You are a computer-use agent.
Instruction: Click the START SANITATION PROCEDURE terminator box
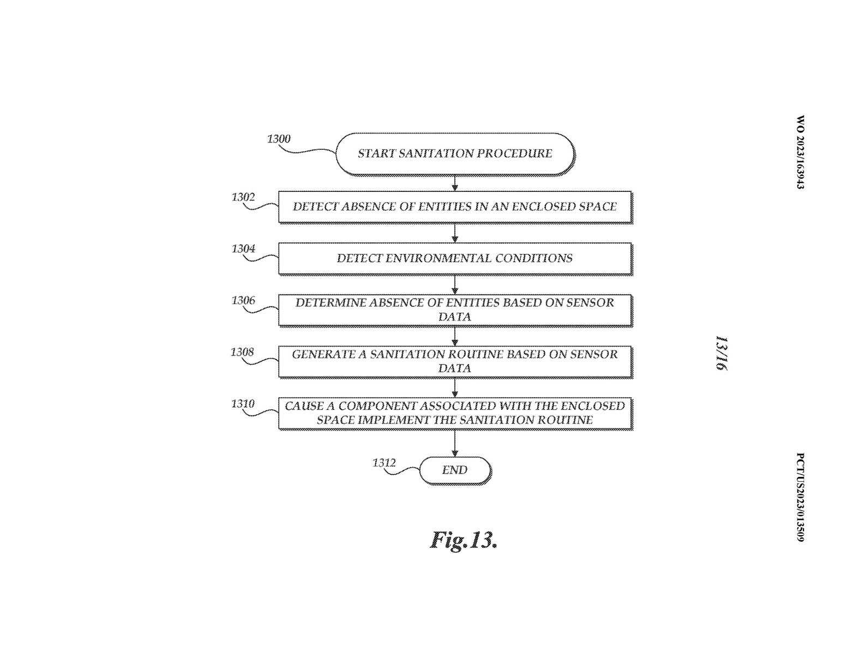pyautogui.click(x=455, y=154)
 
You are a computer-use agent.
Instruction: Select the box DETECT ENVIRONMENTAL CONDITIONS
pyautogui.click(x=455, y=259)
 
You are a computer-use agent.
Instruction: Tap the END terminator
pyautogui.click(x=455, y=470)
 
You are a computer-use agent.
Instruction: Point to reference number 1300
pyautogui.click(x=279, y=139)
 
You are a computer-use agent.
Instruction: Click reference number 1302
pyautogui.click(x=243, y=197)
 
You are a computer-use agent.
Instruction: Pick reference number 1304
pyautogui.click(x=243, y=249)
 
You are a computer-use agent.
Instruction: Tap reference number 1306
pyautogui.click(x=243, y=300)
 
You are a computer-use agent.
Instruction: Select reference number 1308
pyautogui.click(x=242, y=352)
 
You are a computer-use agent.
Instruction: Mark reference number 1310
pyautogui.click(x=243, y=403)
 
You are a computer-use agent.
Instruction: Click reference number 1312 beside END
pyautogui.click(x=384, y=463)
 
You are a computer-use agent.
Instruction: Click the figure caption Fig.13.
pyautogui.click(x=464, y=540)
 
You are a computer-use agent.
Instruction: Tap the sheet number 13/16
pyautogui.click(x=722, y=353)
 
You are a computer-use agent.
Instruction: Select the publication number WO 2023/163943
pyautogui.click(x=800, y=152)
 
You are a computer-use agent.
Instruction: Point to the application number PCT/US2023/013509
pyautogui.click(x=800, y=497)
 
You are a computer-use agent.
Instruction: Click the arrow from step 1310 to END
pyautogui.click(x=455, y=444)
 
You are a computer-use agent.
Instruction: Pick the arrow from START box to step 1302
pyautogui.click(x=455, y=184)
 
